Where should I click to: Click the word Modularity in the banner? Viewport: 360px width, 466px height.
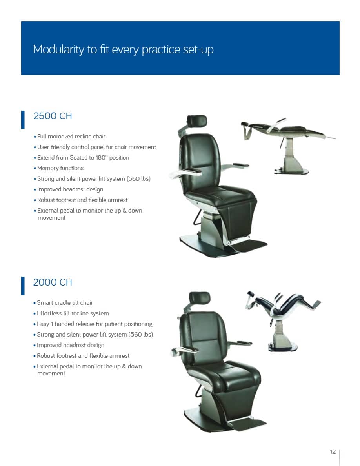click(58, 50)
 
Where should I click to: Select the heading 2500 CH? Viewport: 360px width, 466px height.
click(53, 116)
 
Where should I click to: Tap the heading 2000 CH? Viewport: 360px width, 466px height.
click(53, 282)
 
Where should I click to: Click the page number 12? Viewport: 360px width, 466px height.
click(333, 452)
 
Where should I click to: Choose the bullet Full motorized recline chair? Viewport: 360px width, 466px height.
click(69, 137)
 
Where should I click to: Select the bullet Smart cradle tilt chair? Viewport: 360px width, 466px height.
click(63, 302)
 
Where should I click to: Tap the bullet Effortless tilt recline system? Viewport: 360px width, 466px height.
click(71, 313)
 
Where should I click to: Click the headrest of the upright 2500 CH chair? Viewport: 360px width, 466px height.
click(197, 121)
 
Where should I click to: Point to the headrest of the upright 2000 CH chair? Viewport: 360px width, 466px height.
click(200, 298)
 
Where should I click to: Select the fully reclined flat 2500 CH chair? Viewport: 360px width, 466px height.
click(287, 144)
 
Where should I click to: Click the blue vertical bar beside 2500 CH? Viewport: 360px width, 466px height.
click(23, 120)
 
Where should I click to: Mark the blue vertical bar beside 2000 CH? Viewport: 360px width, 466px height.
click(23, 286)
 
